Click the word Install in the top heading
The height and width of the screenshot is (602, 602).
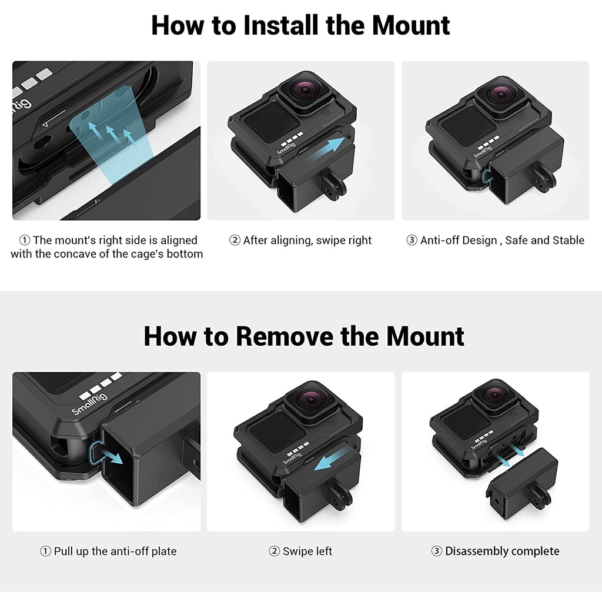pos(281,25)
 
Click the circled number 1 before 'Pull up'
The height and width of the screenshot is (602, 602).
pos(45,551)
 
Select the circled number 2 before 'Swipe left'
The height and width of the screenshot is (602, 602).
pos(274,551)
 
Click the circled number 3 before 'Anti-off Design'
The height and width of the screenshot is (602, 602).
pos(412,240)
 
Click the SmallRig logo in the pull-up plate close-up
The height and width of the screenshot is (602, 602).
pos(89,404)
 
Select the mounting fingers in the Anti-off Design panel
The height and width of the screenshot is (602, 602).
pos(544,178)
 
